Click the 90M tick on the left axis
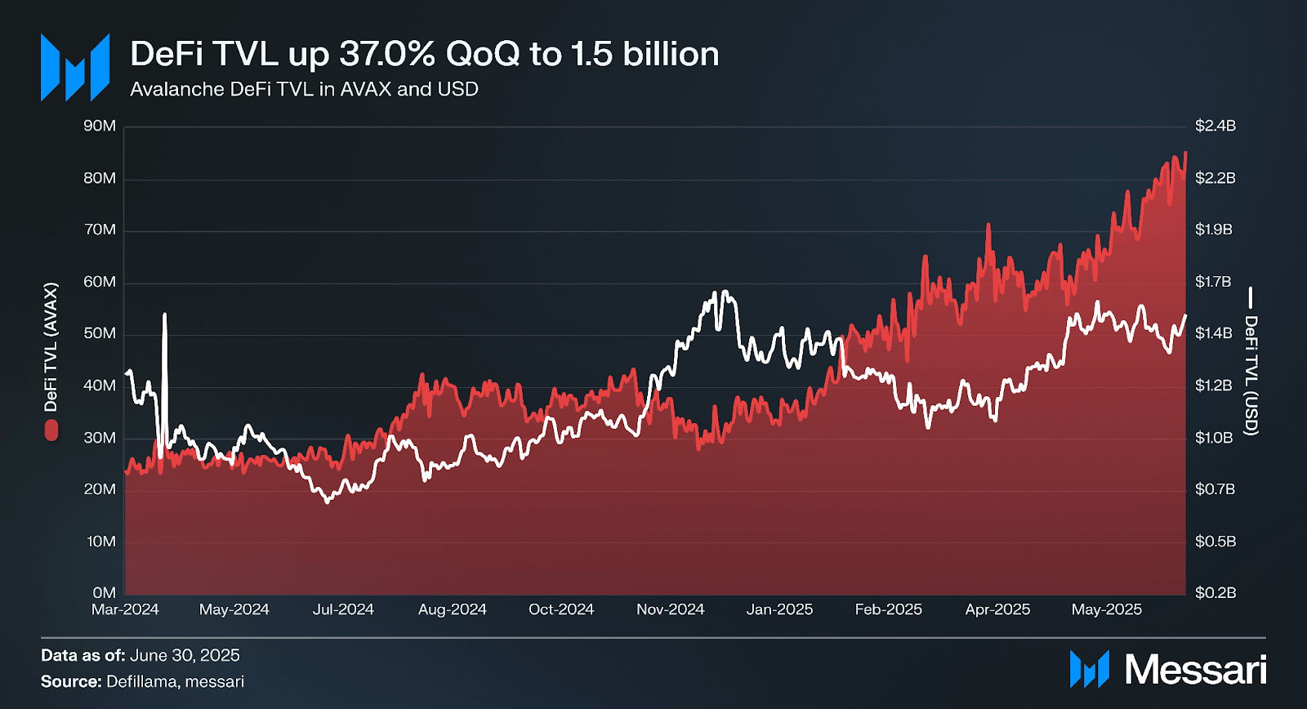click(x=100, y=126)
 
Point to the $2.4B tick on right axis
click(x=1215, y=126)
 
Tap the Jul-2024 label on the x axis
click(x=343, y=609)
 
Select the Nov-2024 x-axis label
click(x=670, y=609)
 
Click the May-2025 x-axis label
click(x=1106, y=609)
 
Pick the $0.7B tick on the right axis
click(x=1215, y=489)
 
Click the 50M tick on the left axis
click(x=100, y=333)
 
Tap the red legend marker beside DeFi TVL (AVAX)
click(x=51, y=430)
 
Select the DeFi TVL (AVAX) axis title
click(x=51, y=347)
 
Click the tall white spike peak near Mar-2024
click(x=165, y=314)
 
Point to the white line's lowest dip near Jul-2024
click(x=328, y=501)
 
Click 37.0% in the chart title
click(x=387, y=54)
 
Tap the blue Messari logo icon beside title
click(x=75, y=68)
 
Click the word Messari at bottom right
click(x=1195, y=670)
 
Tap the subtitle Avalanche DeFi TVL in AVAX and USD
click(x=304, y=89)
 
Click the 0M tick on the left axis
click(x=104, y=592)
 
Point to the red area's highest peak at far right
click(x=1185, y=153)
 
